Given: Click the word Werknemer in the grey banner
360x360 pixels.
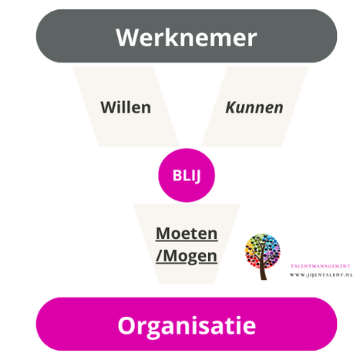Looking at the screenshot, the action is click(187, 38).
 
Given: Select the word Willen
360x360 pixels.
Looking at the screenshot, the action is click(126, 107).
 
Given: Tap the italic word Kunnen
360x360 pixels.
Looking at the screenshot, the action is click(254, 107).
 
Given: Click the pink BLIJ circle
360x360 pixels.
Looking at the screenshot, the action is click(187, 175).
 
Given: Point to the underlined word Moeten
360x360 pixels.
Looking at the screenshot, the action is click(187, 234).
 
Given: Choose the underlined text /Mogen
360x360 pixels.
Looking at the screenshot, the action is click(187, 257).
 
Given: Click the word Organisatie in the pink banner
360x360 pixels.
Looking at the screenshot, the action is click(187, 325).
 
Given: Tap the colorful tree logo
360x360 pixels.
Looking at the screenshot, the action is click(262, 257).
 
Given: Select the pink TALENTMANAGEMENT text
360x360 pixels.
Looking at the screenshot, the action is click(321, 266).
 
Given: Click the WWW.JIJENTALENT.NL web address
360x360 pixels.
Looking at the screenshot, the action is click(321, 275).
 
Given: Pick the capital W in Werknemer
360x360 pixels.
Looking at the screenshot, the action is click(128, 38).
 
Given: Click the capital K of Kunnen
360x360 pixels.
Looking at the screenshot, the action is click(231, 107).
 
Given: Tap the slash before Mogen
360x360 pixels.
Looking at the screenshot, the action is click(159, 256).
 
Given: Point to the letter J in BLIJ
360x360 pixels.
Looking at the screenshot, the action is click(197, 177).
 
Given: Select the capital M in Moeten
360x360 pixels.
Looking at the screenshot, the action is click(164, 234).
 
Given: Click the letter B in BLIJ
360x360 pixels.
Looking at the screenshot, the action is click(177, 176).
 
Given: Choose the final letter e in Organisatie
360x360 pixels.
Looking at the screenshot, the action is click(249, 328).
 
